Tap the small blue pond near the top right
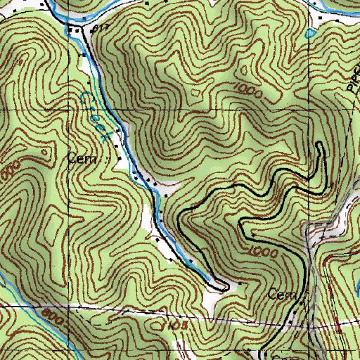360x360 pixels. click(x=310, y=33)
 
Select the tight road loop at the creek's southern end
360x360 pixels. click(x=222, y=283)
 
